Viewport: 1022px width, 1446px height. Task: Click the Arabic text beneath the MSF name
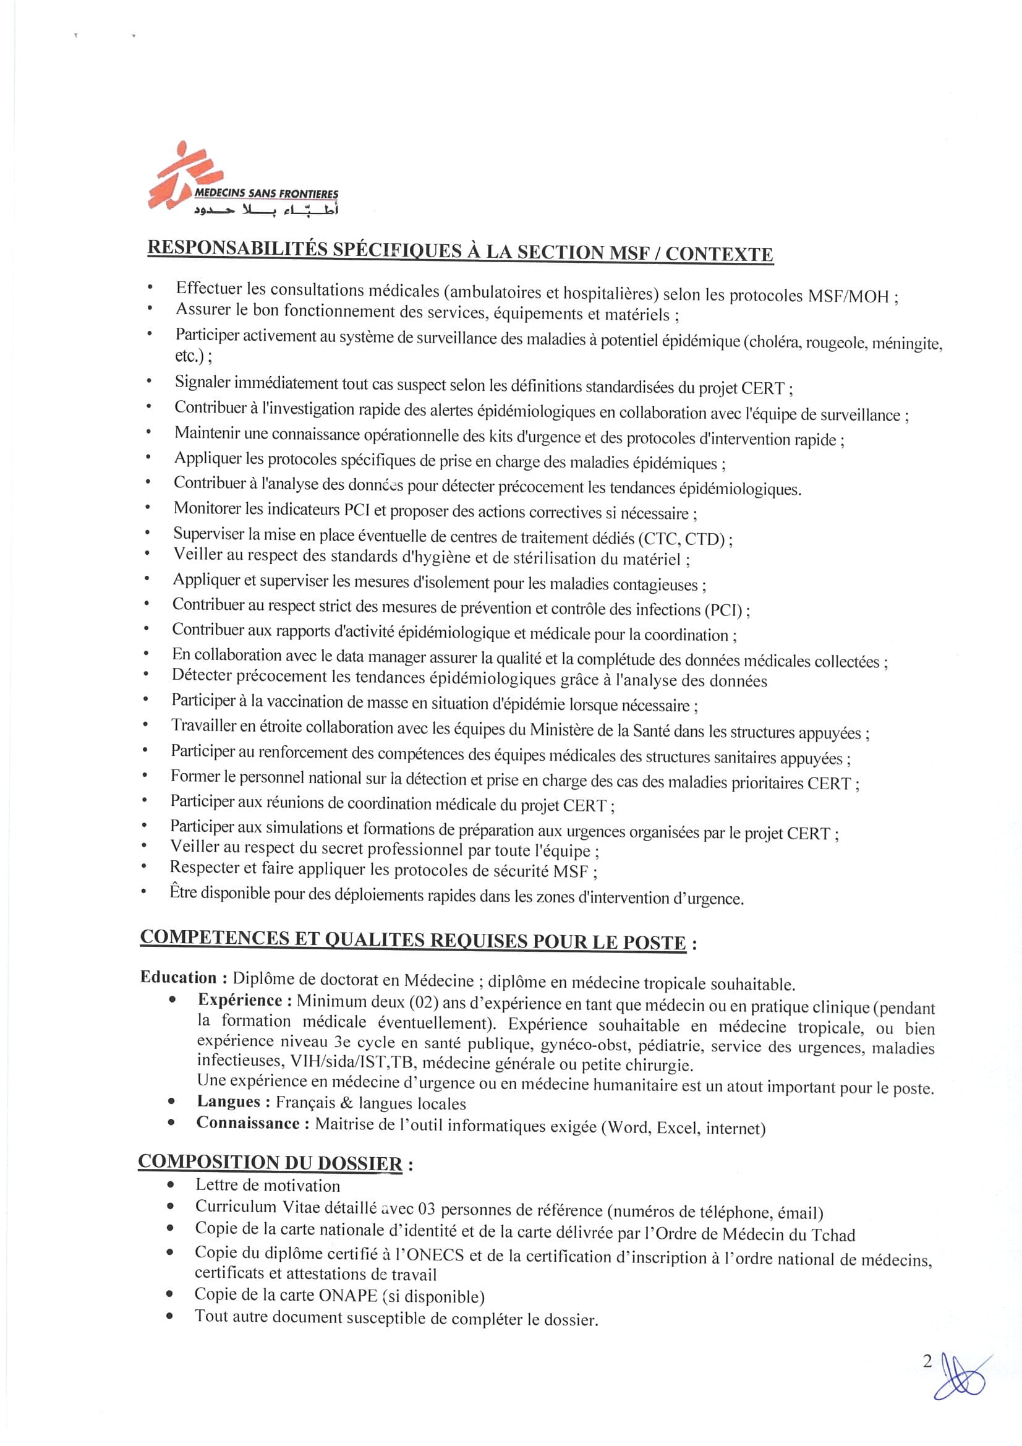pyautogui.click(x=266, y=210)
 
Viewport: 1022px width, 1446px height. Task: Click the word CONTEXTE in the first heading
pyautogui.click(x=718, y=254)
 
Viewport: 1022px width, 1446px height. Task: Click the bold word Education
pyautogui.click(x=178, y=977)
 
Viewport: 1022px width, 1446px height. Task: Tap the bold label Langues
pyautogui.click(x=229, y=1102)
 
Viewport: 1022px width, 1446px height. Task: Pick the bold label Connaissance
pyautogui.click(x=247, y=1123)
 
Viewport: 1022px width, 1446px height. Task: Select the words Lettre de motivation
pyautogui.click(x=268, y=1185)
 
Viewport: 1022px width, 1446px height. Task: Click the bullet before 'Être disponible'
pyautogui.click(x=145, y=891)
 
